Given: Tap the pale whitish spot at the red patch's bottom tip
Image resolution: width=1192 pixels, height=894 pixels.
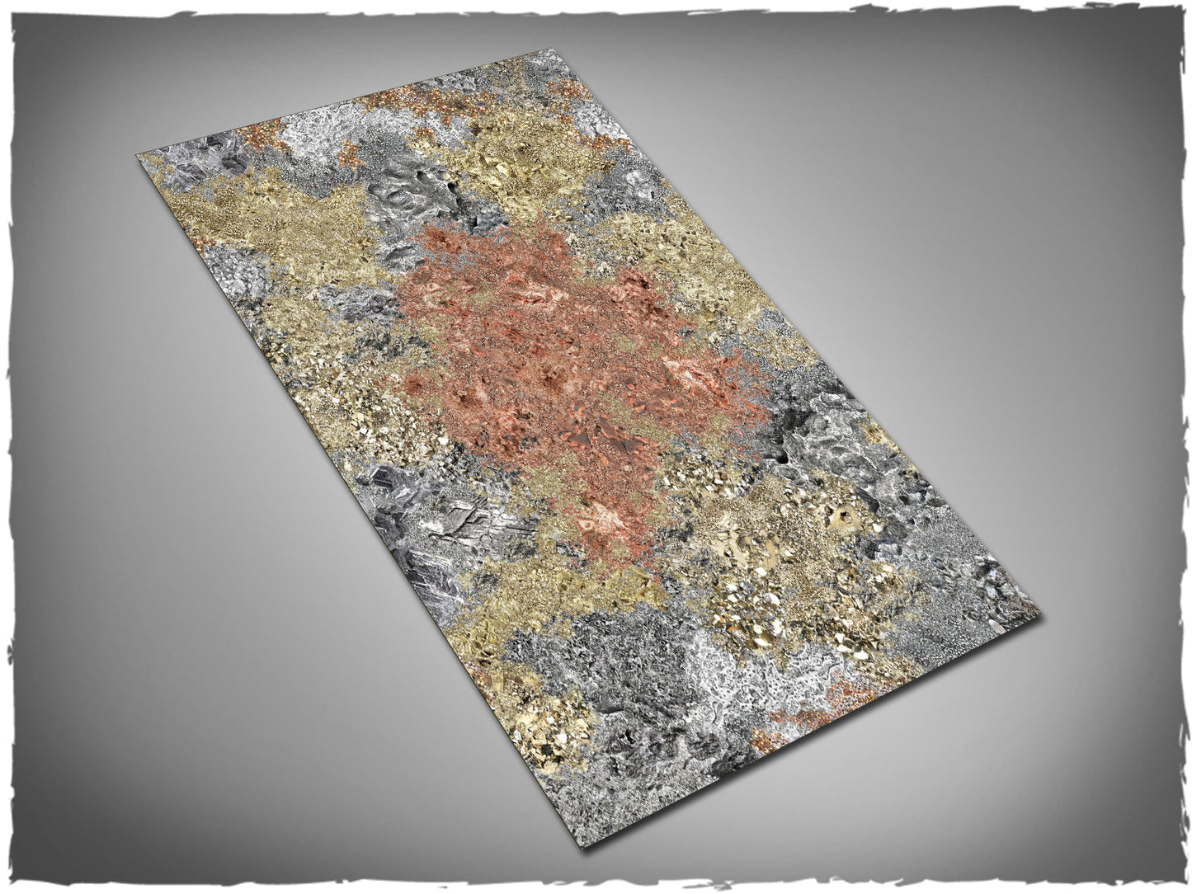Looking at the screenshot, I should coord(598,520).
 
